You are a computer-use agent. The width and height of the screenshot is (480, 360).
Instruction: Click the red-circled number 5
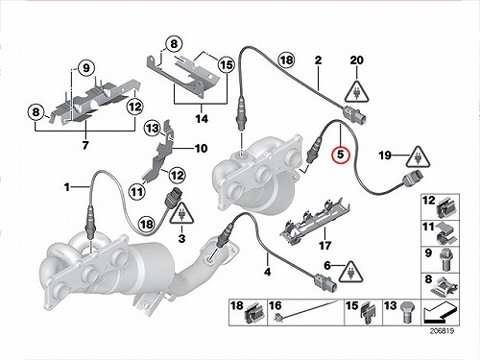coord(341,155)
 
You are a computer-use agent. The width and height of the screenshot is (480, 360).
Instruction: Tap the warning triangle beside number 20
coord(357,92)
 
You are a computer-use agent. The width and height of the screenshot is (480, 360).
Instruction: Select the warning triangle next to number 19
coord(418,157)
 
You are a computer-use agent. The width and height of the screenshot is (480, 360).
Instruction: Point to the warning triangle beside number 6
coord(351,272)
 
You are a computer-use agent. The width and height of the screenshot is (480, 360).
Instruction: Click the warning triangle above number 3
coord(181,213)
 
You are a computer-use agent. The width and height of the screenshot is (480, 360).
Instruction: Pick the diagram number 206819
coord(442,331)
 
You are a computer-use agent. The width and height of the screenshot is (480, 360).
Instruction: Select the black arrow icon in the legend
coord(440,314)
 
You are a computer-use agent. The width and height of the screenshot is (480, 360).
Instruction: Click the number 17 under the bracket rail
coord(324,246)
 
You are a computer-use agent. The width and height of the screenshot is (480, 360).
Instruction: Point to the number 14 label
coord(202,119)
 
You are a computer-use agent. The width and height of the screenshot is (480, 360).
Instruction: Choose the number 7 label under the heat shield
coord(85,145)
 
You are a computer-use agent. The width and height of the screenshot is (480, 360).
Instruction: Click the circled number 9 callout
coord(85,68)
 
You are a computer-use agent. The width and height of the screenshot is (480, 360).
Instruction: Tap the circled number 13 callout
coord(153,129)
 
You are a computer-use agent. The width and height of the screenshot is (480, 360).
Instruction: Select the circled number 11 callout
coord(137,192)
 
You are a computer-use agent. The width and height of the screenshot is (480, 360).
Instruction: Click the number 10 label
coord(202,149)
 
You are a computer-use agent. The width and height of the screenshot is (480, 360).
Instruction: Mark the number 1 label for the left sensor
coord(67,187)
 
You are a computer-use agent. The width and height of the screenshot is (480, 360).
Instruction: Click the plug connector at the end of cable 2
coord(355,114)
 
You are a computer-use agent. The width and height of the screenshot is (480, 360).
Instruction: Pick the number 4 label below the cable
coord(268,272)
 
